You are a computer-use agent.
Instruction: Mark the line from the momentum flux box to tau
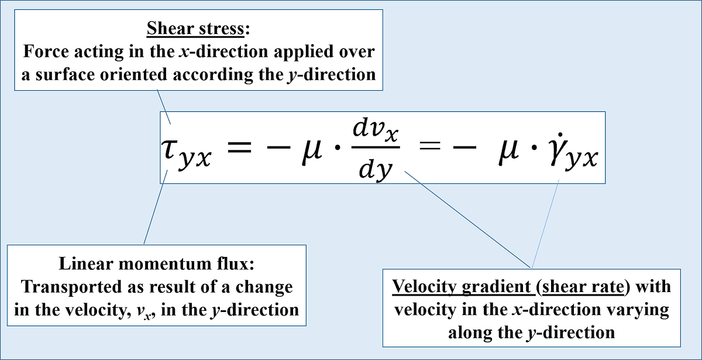click(x=155, y=205)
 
